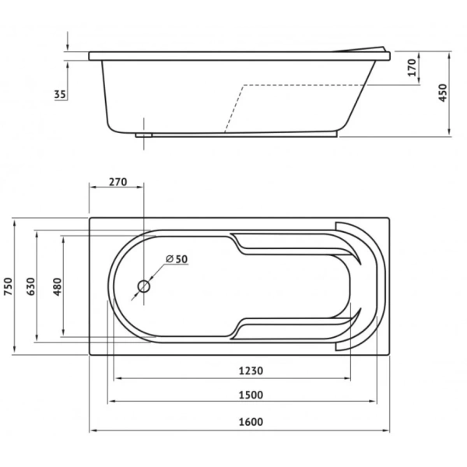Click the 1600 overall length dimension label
click(251, 422)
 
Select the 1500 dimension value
click(251, 395)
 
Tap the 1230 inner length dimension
click(251, 370)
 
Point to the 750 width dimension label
click(8, 286)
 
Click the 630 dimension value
click(30, 286)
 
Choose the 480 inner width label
click(57, 286)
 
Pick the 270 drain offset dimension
click(118, 181)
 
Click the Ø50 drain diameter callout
click(177, 259)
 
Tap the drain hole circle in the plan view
click(143, 286)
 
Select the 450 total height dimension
click(443, 93)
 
